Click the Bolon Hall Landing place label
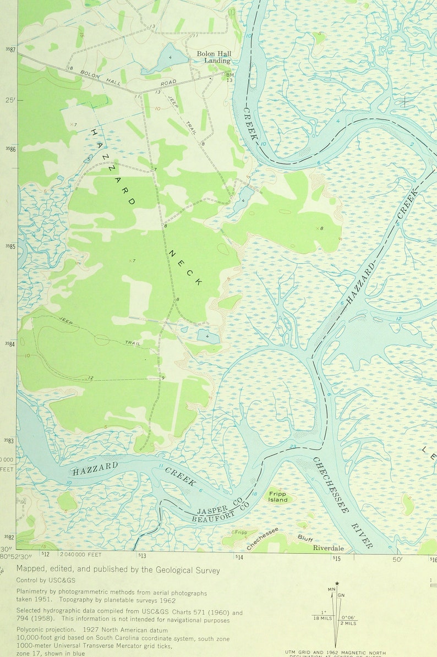[x=214, y=57]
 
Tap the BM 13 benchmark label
[x=230, y=78]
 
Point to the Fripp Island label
[x=278, y=497]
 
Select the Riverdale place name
[x=329, y=548]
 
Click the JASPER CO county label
[x=218, y=504]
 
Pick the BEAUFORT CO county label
[x=221, y=513]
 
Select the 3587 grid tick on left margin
[x=10, y=50]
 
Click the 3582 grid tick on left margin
[x=10, y=537]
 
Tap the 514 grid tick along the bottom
[x=239, y=557]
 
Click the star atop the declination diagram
[x=337, y=583]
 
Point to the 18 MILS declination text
[x=324, y=618]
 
